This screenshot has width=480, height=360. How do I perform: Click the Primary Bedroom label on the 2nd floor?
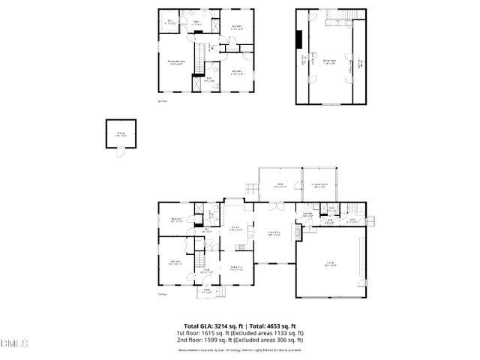(x=176, y=64)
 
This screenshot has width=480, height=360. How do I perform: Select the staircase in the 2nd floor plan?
(x=199, y=58)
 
